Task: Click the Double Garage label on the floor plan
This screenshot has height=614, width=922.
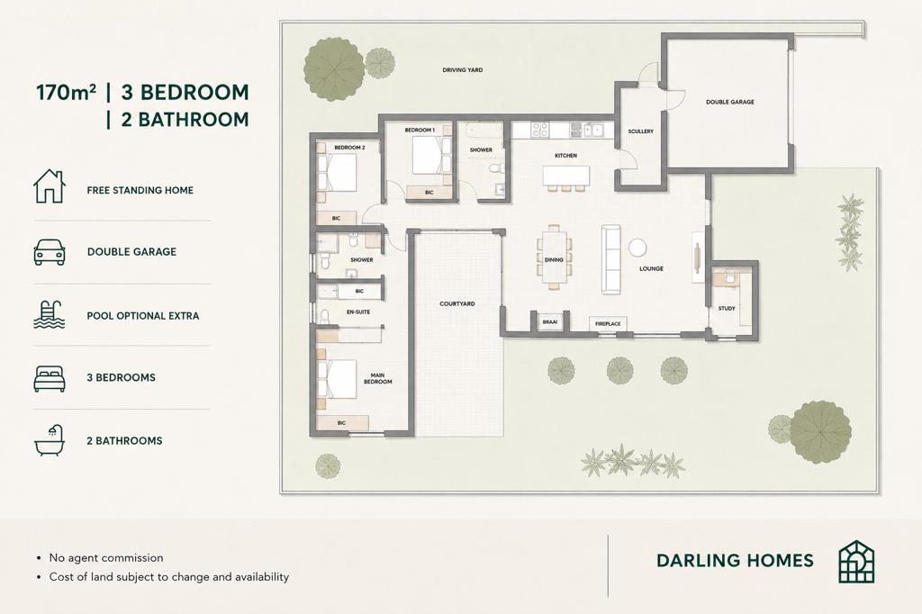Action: point(729,102)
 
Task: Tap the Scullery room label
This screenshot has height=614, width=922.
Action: point(640,131)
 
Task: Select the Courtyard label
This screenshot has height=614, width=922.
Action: point(456,304)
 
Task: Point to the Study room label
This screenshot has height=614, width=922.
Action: point(727,308)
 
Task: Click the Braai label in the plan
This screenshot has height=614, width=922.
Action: point(550,321)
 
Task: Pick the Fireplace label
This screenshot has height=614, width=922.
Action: point(608,324)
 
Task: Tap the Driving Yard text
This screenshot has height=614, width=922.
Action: point(462,70)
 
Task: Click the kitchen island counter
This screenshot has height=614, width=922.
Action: point(565,176)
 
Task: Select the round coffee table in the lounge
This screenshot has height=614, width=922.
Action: point(637,248)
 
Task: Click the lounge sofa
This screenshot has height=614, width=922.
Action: point(611,258)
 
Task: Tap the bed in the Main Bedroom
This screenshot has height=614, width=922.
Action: point(337,379)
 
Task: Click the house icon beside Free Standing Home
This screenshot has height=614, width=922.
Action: point(50,186)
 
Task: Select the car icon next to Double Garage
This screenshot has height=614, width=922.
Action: point(50,252)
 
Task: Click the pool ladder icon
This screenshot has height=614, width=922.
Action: point(50,314)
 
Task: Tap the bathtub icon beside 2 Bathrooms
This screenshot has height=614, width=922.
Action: point(50,440)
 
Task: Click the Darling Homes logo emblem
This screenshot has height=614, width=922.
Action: point(856,562)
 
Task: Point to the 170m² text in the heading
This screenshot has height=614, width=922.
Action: point(66,93)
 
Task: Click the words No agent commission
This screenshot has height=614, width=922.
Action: point(106,558)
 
